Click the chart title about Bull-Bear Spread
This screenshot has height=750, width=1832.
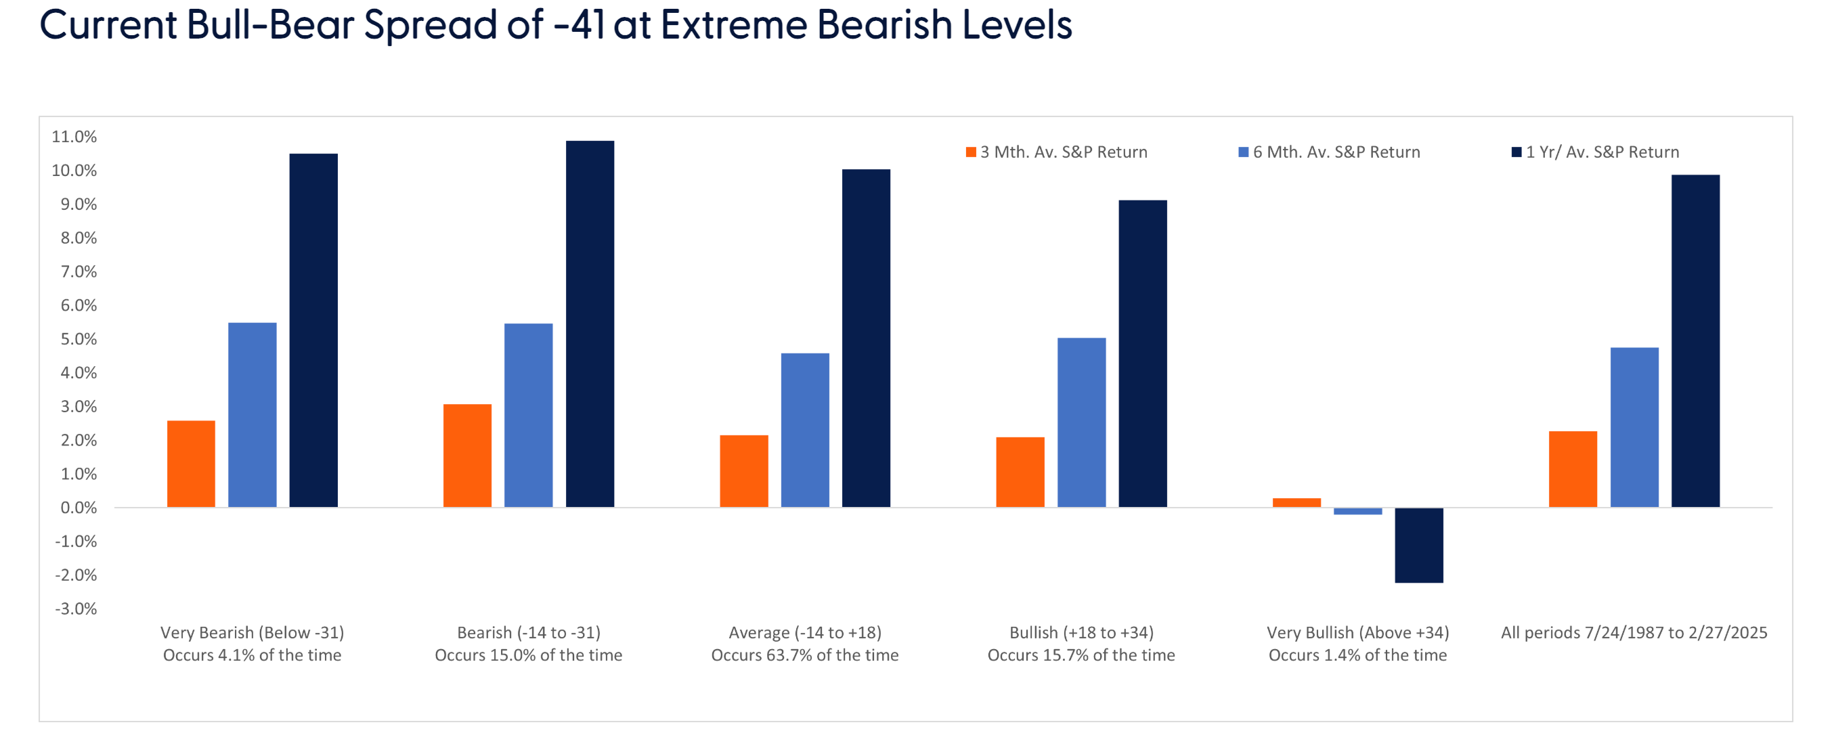[554, 26]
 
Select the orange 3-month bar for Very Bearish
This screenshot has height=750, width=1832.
[191, 464]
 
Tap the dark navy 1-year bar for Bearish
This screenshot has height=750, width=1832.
[590, 324]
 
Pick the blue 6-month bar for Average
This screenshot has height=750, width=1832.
[804, 430]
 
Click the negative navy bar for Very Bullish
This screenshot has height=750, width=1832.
[1418, 546]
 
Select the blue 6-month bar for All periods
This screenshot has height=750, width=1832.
[1634, 427]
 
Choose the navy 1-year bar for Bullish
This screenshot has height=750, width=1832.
[1142, 353]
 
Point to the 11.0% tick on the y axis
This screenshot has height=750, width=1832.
[74, 137]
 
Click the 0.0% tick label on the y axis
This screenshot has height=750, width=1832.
[79, 508]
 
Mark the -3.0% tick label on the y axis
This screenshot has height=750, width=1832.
[75, 609]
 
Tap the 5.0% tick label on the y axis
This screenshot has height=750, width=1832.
[79, 339]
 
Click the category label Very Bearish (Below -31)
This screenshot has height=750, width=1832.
[252, 633]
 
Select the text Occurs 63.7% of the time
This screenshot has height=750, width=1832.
[804, 655]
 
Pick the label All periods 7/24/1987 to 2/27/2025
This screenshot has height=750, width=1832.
[1634, 633]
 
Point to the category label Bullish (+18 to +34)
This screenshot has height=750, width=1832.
[1081, 633]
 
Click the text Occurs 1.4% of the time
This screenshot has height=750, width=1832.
[1357, 655]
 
